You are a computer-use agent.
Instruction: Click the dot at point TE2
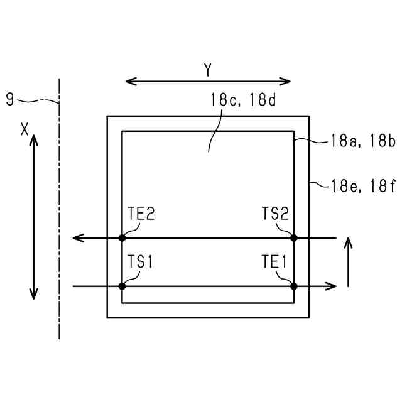click(x=122, y=238)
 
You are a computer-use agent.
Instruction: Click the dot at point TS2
click(x=293, y=238)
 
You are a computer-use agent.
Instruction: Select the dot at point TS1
click(x=122, y=286)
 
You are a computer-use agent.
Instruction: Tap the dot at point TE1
click(x=293, y=286)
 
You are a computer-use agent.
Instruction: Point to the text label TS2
click(x=275, y=214)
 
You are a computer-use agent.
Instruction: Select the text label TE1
click(x=275, y=262)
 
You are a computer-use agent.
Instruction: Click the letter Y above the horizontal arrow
click(x=208, y=70)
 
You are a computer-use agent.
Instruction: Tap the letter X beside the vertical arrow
click(x=24, y=129)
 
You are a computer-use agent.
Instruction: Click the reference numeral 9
click(x=9, y=99)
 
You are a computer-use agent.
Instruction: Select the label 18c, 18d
click(x=243, y=100)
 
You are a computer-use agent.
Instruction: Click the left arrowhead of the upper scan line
click(x=77, y=238)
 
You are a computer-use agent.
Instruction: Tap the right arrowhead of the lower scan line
click(x=333, y=286)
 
